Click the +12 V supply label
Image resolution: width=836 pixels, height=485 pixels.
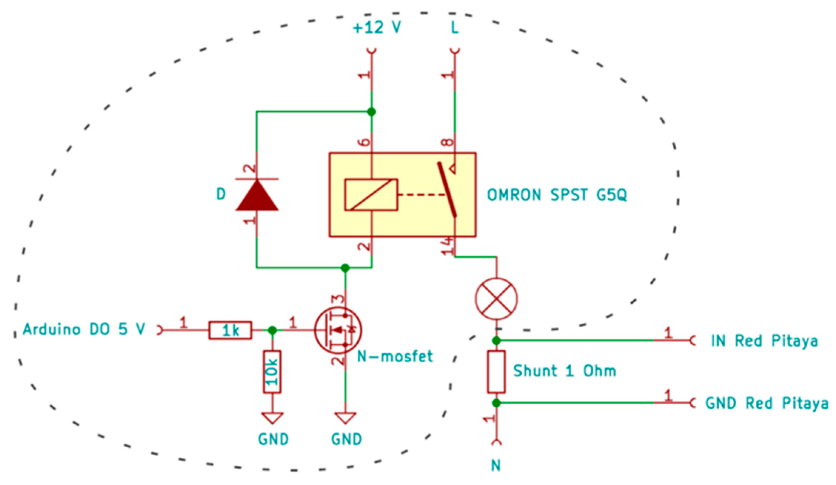377,28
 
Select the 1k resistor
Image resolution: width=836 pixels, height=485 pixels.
230,330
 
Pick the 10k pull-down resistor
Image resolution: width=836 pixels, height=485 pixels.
272,372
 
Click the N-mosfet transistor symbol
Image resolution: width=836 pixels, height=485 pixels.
338,330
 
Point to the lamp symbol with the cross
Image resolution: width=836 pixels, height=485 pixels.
496,299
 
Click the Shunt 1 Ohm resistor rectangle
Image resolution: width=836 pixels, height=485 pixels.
496,372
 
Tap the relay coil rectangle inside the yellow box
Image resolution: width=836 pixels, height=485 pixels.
371,195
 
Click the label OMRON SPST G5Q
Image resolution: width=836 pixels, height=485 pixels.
556,195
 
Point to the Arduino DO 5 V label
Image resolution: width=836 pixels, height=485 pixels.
84,329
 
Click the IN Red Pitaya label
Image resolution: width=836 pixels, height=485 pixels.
764,341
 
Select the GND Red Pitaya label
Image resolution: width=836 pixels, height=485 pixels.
767,403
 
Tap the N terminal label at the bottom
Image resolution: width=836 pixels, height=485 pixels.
496,465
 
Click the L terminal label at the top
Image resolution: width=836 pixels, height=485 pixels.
455,28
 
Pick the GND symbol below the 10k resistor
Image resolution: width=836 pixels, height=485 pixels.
272,418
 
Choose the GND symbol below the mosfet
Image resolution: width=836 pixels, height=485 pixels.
345,418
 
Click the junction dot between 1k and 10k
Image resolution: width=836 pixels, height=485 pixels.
272,330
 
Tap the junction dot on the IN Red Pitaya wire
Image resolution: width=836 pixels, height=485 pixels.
496,341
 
